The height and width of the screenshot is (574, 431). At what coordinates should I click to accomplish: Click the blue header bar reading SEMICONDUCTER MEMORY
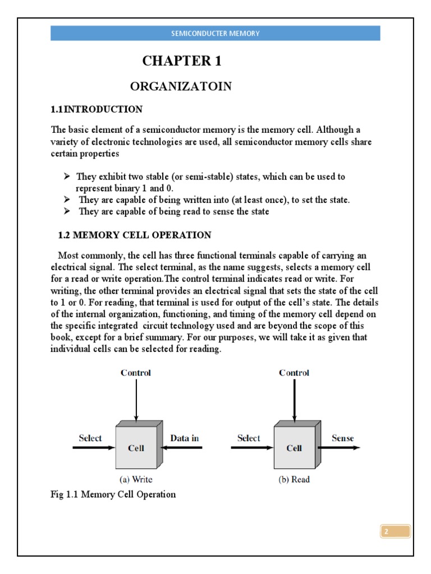coord(215,33)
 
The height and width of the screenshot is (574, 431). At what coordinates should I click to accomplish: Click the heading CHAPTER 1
coord(181,62)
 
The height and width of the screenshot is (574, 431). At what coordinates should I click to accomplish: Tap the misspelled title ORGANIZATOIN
coord(181,86)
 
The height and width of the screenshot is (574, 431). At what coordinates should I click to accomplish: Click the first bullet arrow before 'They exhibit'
coord(67,177)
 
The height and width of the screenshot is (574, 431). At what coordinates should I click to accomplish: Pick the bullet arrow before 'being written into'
coord(67,200)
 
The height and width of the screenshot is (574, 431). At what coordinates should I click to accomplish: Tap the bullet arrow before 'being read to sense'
coord(67,211)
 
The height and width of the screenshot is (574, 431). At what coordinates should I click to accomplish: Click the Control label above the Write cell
coord(136,373)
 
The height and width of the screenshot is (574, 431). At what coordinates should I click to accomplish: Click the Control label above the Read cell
coord(294,373)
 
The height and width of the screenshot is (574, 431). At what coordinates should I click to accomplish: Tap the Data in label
coord(185,438)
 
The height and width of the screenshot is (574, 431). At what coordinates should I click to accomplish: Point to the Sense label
coord(343,438)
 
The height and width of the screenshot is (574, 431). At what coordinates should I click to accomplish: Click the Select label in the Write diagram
coord(90,438)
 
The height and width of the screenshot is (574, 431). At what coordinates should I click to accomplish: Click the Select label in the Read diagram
coord(249,438)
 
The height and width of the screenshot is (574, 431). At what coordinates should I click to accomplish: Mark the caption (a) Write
coord(136,479)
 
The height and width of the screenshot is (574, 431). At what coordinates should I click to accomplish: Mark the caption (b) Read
coord(294,479)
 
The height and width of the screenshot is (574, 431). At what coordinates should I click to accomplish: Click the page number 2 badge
coord(396,531)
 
